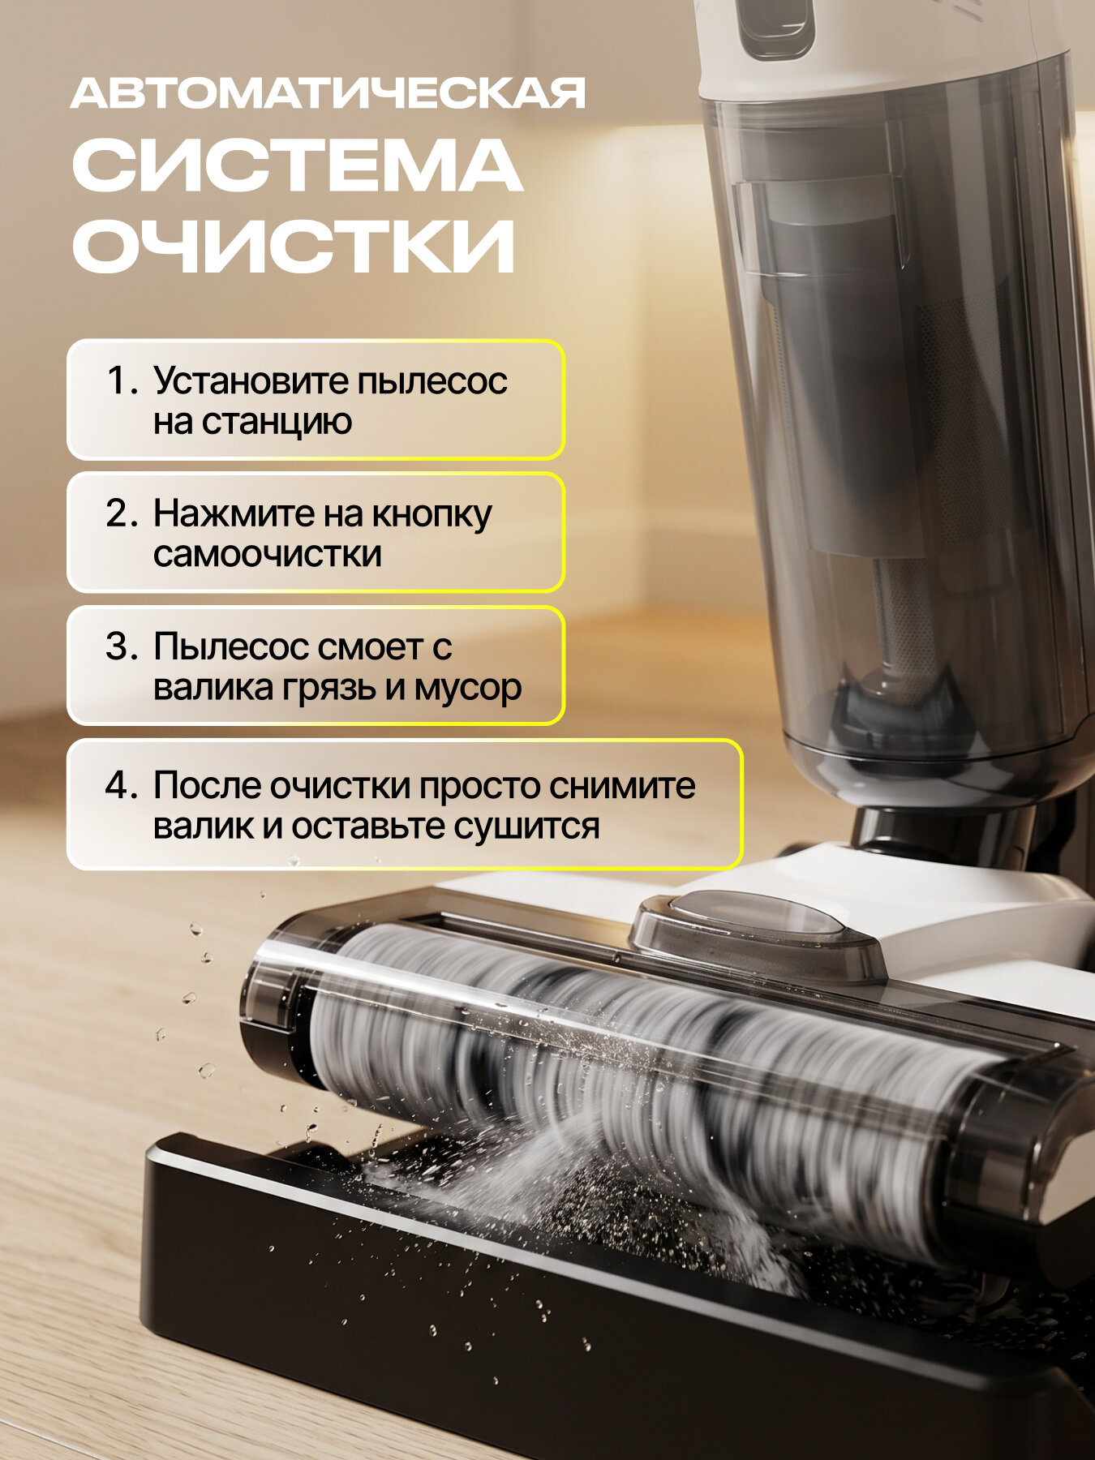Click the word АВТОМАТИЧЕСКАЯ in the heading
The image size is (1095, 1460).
click(328, 94)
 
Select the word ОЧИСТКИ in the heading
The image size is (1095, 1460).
click(294, 245)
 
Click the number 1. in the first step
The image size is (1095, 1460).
click(122, 380)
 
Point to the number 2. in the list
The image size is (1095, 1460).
click(122, 513)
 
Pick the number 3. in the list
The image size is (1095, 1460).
click(122, 646)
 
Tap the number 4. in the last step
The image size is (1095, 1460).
click(122, 785)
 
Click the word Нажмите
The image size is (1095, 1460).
click(234, 513)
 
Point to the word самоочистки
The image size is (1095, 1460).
click(267, 554)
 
